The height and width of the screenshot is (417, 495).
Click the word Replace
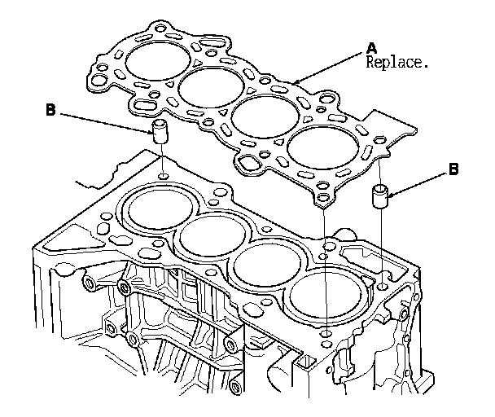pos(396,62)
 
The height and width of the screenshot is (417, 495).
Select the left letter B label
pos(51,111)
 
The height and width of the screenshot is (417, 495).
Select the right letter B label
pos(454,169)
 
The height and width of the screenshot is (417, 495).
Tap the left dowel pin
pos(160,130)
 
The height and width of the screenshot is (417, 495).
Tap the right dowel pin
pos(381,197)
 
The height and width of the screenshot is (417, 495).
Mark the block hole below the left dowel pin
pos(164,176)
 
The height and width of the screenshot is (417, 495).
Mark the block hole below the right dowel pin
pos(383,287)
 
